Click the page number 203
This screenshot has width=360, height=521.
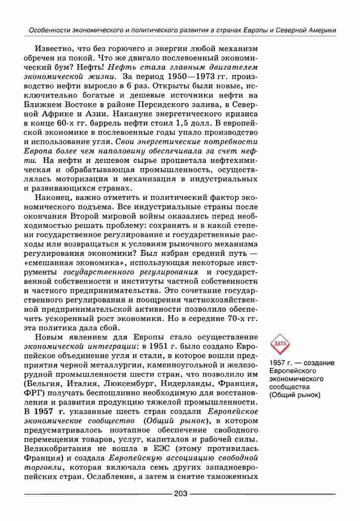click(x=180, y=493)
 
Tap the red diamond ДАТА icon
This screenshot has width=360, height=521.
click(x=280, y=344)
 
